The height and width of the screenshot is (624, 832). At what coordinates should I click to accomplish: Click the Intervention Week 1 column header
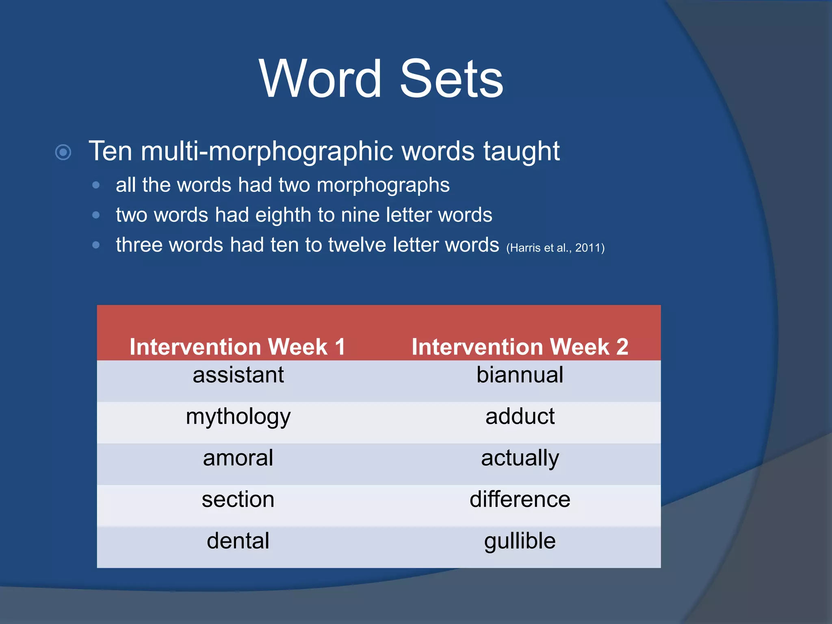238,347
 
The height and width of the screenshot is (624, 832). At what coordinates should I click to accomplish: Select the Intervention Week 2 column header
520,347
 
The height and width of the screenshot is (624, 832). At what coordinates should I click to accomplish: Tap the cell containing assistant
238,375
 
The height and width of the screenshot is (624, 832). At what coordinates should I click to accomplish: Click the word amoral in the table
238,458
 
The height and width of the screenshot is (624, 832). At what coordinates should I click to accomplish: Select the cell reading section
238,500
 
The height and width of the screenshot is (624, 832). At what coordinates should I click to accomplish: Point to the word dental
238,541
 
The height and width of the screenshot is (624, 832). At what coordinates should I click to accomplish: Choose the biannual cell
520,375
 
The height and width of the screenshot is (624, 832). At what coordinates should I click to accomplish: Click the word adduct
520,417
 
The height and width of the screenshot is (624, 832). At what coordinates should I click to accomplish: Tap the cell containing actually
520,458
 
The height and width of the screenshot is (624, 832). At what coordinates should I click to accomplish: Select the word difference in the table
520,500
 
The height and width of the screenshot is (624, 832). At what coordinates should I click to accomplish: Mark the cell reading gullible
520,541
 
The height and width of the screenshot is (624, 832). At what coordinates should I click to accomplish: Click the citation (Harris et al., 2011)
555,248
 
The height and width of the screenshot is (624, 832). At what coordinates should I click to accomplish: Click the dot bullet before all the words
96,185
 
